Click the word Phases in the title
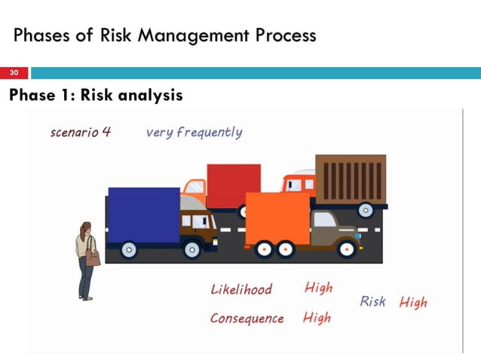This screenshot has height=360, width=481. [41, 35]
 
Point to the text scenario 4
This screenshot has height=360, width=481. [80, 133]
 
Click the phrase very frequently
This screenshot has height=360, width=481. [194, 133]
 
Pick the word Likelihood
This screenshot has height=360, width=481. [241, 289]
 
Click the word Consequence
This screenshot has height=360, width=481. [247, 318]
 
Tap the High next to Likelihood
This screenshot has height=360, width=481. [318, 288]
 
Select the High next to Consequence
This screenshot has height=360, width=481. [317, 317]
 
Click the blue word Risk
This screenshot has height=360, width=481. [372, 301]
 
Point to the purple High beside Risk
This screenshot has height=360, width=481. [413, 302]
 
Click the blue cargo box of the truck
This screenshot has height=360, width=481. [143, 214]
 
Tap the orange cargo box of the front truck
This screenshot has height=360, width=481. [277, 218]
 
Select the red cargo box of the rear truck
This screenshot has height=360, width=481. [233, 185]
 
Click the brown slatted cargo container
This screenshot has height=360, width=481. [350, 179]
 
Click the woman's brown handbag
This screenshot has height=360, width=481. [93, 258]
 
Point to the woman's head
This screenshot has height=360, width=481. [86, 228]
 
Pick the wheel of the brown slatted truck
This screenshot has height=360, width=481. [366, 210]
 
